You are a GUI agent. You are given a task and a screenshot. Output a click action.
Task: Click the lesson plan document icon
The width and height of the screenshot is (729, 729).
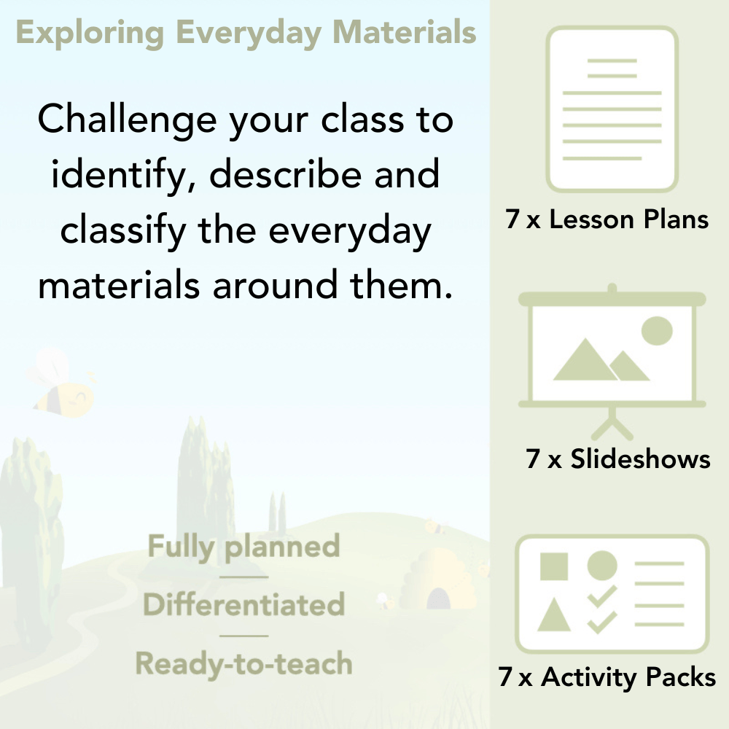(612, 109)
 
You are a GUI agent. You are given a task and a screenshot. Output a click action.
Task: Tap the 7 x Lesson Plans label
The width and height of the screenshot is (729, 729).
(607, 219)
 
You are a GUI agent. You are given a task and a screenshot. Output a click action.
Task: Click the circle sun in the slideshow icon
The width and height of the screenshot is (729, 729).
(656, 330)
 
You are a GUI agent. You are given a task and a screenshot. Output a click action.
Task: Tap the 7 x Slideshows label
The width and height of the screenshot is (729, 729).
(618, 459)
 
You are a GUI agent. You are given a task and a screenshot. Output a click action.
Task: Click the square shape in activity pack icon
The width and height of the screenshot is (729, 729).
(554, 566)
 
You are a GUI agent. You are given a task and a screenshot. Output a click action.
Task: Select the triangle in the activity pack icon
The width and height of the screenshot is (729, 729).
(554, 616)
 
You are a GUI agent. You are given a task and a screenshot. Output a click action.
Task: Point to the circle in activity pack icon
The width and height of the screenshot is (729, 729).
(602, 565)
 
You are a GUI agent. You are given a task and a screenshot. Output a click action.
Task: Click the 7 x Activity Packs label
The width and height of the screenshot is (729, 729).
(607, 678)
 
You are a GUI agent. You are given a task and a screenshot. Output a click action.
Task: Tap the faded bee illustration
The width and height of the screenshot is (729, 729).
(62, 386)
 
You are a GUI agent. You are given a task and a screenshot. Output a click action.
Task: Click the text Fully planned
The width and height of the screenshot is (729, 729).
(243, 547)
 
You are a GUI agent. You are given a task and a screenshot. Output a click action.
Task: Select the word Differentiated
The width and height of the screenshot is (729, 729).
(243, 605)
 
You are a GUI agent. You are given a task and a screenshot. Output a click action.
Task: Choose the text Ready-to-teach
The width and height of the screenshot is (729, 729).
(243, 663)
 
